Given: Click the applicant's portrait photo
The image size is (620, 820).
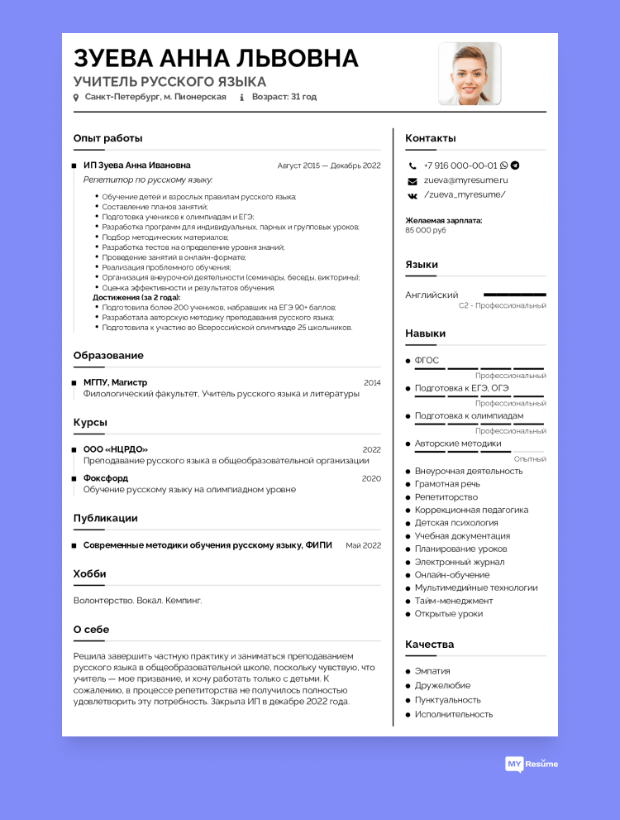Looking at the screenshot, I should coord(470,74).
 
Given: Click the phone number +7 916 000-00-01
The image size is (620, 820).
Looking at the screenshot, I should coord(460,165).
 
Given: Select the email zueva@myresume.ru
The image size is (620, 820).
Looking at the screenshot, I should coord(465,180).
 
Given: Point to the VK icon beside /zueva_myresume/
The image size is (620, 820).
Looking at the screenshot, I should coord(412,195).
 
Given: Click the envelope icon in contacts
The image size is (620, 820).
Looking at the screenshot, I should coord(412,180).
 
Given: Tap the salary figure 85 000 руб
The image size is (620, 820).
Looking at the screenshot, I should coord(426,230).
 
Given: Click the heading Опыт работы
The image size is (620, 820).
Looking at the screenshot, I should coord(107,138).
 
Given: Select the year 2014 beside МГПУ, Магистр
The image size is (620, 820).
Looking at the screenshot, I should coord(372,383).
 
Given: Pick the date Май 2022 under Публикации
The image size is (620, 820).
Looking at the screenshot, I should coord(363,545).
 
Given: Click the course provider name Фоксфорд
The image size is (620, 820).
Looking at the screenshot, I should coord(106,478).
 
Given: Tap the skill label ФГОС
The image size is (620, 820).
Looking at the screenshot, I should coord(427,361).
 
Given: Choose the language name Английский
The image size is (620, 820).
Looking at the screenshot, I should coord(432,295).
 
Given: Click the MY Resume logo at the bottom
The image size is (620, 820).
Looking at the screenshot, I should coord(532,764).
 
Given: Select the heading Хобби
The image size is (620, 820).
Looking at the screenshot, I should coord(89,573).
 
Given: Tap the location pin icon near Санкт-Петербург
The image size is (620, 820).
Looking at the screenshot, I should coord(76,98).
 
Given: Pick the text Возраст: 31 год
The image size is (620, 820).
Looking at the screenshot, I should coord(284,97).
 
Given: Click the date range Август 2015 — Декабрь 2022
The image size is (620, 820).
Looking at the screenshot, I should coord(329,165).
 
